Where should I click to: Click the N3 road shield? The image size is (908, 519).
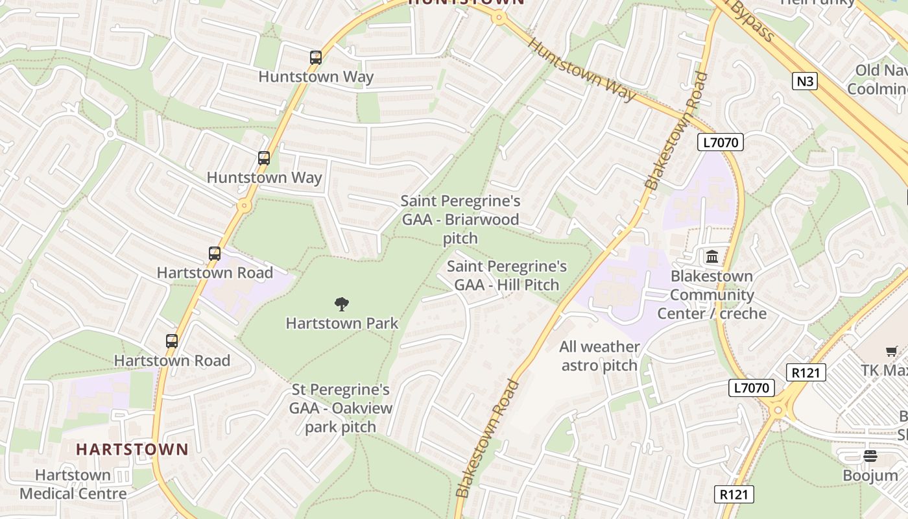(x=804, y=81)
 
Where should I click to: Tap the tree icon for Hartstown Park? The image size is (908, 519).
(x=342, y=304)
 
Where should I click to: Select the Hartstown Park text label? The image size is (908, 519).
(x=342, y=323)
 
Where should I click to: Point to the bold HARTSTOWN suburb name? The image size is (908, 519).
(x=132, y=449)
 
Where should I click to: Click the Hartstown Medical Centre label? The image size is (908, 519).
(x=73, y=484)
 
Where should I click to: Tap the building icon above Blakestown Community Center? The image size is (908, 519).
(x=712, y=257)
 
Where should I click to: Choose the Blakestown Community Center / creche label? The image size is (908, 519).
(x=711, y=295)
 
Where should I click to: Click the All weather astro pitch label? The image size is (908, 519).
(x=599, y=356)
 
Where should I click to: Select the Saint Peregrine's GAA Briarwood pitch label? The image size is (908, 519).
(x=460, y=220)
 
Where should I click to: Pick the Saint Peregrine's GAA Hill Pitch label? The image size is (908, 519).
(x=507, y=275)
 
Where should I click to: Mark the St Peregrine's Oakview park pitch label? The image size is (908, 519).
(x=340, y=408)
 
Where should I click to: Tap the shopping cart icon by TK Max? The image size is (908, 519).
(x=892, y=352)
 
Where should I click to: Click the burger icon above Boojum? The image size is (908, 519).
(x=870, y=456)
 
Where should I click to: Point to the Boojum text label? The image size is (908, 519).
(x=870, y=476)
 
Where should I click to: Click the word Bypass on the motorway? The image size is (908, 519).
(x=752, y=23)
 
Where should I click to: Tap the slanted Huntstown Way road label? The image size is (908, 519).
(x=582, y=69)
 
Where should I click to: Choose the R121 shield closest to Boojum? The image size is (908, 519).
(x=735, y=494)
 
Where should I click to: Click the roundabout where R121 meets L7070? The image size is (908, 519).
(x=778, y=409)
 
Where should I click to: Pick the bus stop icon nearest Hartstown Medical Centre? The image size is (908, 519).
(x=172, y=341)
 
